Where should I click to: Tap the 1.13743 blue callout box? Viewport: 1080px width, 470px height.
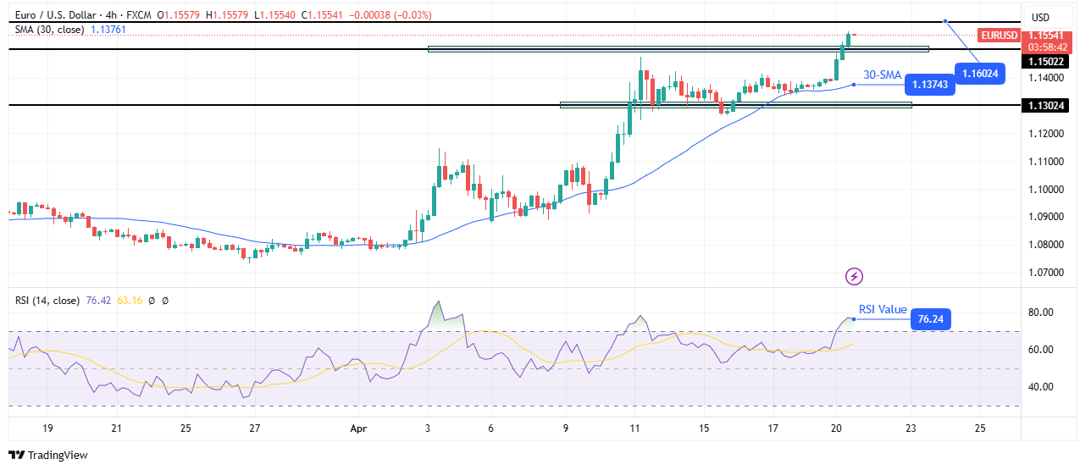pos(930,84)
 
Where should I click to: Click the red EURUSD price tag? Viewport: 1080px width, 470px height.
pos(999,36)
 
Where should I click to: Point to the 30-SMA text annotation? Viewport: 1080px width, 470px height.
pos(882,75)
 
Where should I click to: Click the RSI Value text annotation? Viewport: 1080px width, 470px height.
pos(883,309)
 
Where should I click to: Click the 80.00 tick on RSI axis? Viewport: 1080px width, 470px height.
pos(1042,312)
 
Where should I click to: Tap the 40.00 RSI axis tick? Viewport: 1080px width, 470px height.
pos(1042,387)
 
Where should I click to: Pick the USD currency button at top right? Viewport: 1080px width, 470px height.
pos(1039,18)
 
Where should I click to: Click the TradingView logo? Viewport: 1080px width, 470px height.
pos(49,455)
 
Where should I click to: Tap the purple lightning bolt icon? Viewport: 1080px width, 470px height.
pos(855,276)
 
